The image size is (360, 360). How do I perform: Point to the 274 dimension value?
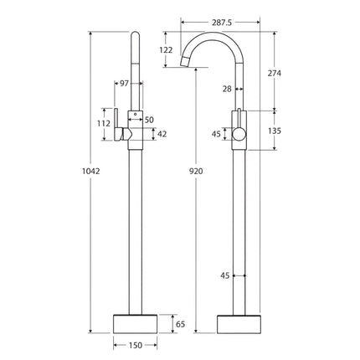(x=274, y=74)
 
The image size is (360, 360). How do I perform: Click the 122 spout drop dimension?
(x=166, y=50)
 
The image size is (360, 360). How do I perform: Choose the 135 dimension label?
(x=274, y=130)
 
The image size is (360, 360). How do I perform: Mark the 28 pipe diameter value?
(x=226, y=88)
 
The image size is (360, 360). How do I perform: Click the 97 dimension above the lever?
(x=125, y=84)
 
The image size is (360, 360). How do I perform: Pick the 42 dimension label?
(x=162, y=134)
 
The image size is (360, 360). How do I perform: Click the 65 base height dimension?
(x=177, y=322)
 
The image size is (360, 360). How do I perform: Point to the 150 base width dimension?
(x=135, y=344)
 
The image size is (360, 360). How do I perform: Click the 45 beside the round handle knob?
(x=216, y=134)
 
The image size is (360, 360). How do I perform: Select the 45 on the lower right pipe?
(x=224, y=275)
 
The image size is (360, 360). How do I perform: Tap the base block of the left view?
(x=135, y=322)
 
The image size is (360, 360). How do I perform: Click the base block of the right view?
(x=239, y=322)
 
